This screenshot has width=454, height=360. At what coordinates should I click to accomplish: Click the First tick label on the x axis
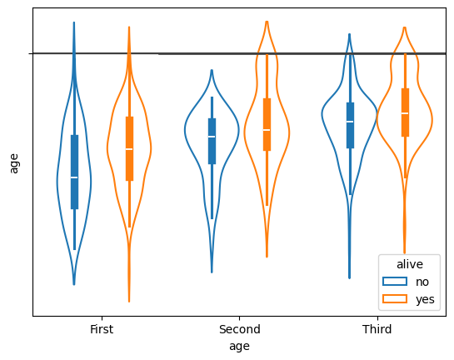102,329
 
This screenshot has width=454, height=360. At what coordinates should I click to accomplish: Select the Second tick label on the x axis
239,329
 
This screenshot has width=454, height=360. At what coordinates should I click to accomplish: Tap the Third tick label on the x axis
377,329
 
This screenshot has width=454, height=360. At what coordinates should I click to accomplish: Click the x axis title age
239,347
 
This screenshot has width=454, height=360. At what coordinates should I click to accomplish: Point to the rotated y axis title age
13,163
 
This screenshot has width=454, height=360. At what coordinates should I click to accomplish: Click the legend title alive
410,264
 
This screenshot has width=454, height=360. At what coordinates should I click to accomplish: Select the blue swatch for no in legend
395,282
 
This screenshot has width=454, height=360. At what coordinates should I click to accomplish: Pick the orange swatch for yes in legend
395,299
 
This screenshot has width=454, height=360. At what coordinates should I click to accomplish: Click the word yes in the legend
425,300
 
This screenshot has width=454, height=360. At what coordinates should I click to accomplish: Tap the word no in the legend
422,282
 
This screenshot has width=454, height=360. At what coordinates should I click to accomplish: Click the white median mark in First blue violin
74,177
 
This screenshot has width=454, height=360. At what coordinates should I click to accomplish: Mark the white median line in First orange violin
129,149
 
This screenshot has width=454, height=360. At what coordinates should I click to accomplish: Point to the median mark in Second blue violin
212,137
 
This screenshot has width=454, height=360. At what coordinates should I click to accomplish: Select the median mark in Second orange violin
267,130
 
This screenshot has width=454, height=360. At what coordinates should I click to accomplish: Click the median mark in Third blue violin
350,122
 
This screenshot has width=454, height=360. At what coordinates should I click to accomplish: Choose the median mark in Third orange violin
405,113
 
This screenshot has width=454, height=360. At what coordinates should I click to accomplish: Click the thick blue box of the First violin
74,172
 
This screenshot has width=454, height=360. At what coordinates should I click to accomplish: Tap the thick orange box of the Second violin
267,124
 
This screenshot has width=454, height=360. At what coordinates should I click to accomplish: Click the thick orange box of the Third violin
405,112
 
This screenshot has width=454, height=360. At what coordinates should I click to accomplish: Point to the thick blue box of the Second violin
212,141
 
